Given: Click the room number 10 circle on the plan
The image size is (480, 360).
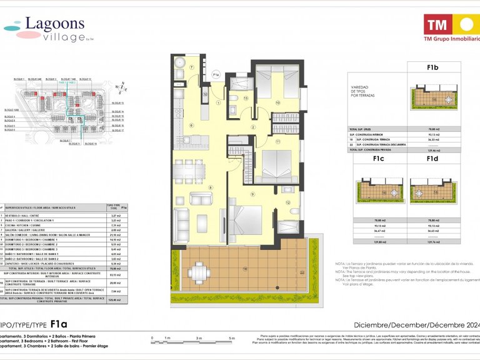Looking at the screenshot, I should click(x=277, y=102).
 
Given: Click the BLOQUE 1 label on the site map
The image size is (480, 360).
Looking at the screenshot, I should click(x=19, y=79).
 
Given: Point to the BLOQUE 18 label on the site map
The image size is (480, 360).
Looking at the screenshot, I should click(x=90, y=144).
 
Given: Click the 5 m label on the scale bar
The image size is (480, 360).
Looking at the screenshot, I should click(x=231, y=338).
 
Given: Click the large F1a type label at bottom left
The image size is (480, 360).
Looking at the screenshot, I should click(x=59, y=324).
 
